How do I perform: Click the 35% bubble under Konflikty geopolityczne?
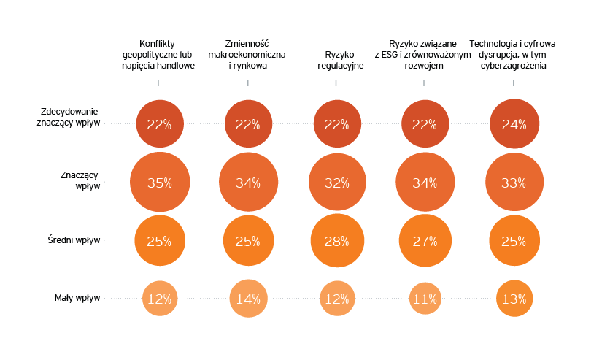point(159,183)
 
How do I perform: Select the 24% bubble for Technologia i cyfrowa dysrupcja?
point(514,124)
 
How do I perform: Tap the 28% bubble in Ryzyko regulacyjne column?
point(336,241)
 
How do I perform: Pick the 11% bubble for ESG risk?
point(425,298)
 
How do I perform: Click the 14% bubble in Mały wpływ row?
point(248,298)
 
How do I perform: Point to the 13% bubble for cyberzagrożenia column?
point(514,298)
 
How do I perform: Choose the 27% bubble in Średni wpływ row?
point(425,241)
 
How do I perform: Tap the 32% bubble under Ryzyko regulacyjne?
point(336,183)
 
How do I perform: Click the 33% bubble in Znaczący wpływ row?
point(514,183)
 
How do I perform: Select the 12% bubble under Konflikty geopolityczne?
point(159,298)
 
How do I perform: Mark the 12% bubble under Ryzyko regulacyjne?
point(336,298)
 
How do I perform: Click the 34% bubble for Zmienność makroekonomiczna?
point(248,183)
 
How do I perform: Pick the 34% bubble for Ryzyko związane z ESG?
point(425,183)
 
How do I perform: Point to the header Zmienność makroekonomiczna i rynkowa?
point(247,54)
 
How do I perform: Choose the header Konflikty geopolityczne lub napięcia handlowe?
point(158,54)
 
